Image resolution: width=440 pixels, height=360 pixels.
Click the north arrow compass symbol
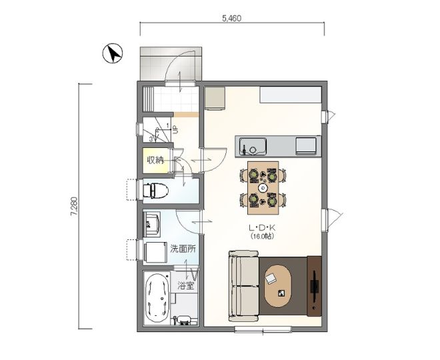point(113,53)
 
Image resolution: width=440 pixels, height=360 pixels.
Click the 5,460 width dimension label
point(232,19)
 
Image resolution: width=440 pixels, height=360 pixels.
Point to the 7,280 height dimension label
point(74,207)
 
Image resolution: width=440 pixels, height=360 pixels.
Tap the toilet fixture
point(156,191)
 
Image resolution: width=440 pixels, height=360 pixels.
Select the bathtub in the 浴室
point(157,299)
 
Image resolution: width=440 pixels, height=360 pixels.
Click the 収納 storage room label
point(156,160)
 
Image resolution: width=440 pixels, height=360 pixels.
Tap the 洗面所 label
point(183,249)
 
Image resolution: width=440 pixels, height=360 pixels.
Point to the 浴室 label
point(186,286)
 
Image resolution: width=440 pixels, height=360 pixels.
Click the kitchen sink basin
point(253,146)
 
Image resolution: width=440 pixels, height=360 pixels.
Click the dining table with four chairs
point(263,188)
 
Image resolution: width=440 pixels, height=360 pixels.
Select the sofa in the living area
point(244,286)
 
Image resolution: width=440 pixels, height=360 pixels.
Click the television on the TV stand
point(314,286)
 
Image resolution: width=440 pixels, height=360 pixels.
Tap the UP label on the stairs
point(175,130)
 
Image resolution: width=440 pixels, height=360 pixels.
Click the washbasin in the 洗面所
point(151,224)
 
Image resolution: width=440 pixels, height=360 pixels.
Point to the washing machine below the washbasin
point(155,253)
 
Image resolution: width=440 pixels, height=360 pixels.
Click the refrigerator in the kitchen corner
point(215,98)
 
